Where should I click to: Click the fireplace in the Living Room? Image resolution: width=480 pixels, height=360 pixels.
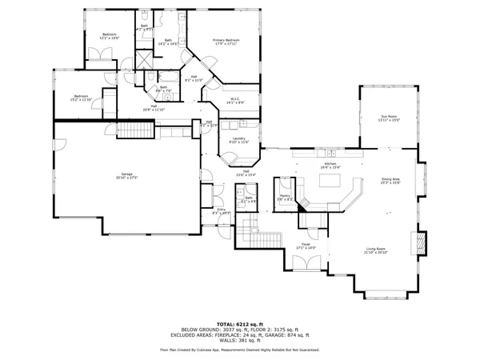point(417,242)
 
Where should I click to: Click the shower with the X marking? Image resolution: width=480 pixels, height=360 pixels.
point(144,59)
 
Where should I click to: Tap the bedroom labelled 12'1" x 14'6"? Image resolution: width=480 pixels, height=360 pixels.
point(110,36)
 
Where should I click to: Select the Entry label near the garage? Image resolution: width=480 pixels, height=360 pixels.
point(221,210)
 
